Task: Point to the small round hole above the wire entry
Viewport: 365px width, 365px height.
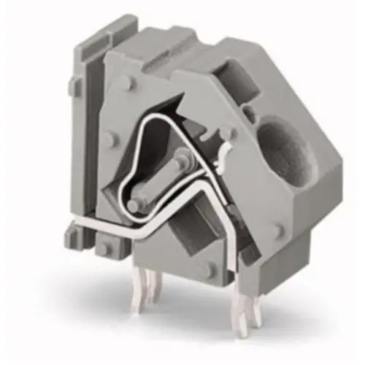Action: click(248, 112)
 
